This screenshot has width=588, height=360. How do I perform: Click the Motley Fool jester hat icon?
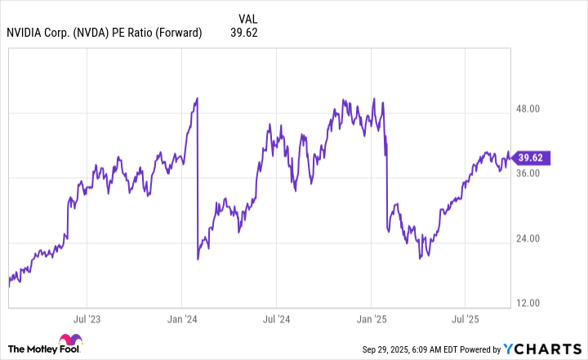[x=69, y=344]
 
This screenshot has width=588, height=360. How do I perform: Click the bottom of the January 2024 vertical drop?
[x=198, y=259]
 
